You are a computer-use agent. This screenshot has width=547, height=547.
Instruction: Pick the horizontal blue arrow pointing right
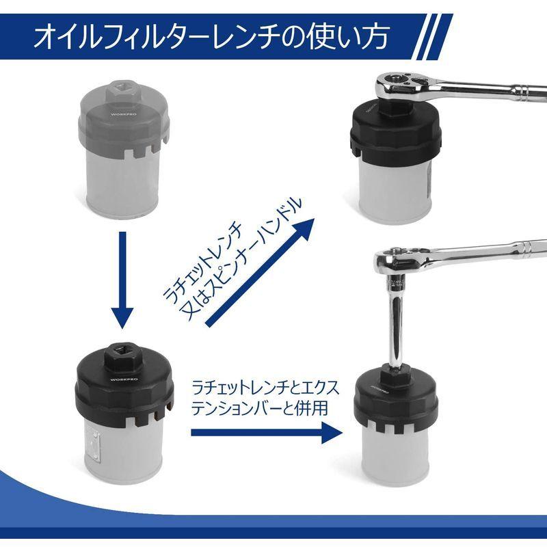[x=267, y=431]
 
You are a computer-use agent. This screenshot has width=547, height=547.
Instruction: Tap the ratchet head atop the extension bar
[x=397, y=263]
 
